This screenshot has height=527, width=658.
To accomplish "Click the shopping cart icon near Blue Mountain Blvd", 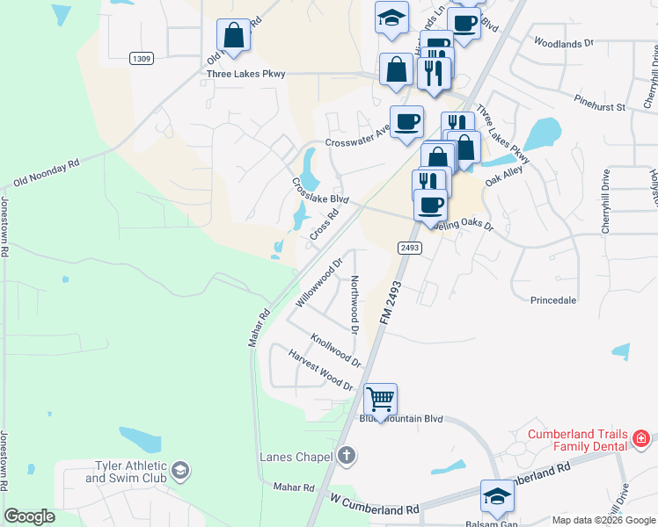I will click(x=381, y=400).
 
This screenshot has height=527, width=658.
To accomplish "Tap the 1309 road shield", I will click(x=141, y=58).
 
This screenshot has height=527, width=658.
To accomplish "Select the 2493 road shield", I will click(x=410, y=248).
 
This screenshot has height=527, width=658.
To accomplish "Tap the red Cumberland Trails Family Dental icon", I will click(x=640, y=437).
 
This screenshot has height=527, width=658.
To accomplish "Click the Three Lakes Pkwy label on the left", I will click(x=246, y=75).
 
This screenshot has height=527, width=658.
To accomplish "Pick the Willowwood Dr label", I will click(x=318, y=282).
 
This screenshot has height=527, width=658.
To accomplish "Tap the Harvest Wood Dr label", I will click(x=320, y=369).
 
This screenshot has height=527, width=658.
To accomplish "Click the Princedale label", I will click(x=553, y=300).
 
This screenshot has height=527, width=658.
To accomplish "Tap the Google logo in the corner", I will click(x=29, y=516).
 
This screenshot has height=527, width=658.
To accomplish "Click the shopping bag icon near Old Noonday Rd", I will click(x=234, y=36).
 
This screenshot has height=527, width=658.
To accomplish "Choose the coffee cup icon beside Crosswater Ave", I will click(x=406, y=122).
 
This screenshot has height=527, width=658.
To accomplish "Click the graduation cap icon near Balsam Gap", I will click(x=497, y=497).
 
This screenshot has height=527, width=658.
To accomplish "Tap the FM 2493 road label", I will click(x=392, y=305).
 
